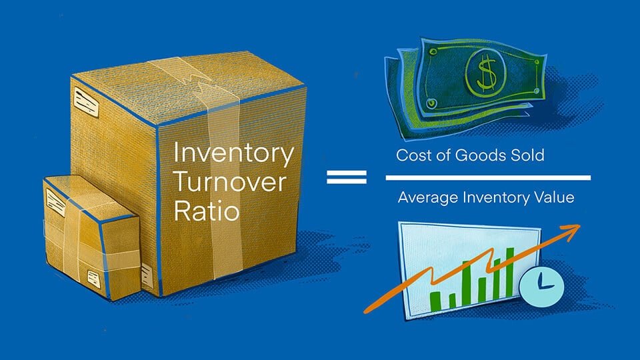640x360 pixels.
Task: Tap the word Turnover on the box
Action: [230, 182]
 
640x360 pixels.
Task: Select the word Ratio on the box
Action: [207, 211]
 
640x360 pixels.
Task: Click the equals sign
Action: [347, 177]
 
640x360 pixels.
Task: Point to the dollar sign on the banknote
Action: [486, 73]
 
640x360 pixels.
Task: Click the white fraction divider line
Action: [488, 177]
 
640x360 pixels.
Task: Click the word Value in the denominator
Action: [554, 197]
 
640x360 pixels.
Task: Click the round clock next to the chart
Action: [541, 285]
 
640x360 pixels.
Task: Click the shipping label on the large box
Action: [86, 103]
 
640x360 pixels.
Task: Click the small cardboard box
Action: [92, 237]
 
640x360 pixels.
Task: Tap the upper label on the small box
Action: [56, 203]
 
